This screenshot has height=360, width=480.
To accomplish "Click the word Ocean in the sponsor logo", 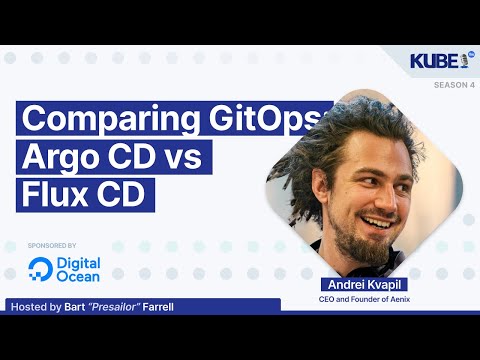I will [79, 276].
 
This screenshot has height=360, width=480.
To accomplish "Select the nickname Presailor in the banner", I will [115, 306].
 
